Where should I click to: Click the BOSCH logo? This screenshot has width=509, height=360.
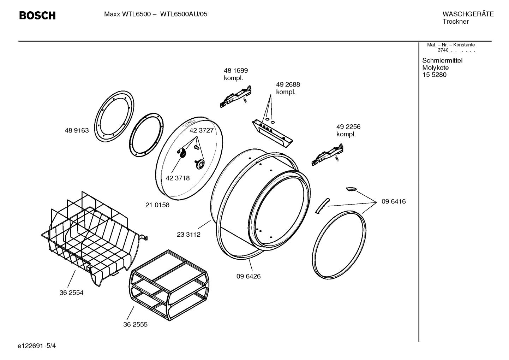tap(37, 16)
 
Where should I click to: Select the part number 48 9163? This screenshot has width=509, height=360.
tap(77, 131)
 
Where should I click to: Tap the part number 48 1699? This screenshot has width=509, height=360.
tap(235, 71)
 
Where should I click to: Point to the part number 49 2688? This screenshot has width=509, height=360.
tap(288, 85)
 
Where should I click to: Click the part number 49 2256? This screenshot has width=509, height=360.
tap(348, 127)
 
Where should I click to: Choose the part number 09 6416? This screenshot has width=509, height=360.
tap(393, 202)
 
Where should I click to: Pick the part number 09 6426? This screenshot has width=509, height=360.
tap(248, 276)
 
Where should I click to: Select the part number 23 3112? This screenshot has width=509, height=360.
tap(188, 235)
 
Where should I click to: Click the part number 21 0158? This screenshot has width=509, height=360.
tap(157, 205)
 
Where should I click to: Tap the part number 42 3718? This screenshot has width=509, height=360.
tap(178, 178)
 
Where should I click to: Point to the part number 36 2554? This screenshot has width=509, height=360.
tap(71, 293)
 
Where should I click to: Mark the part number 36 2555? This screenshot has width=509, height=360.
tap(135, 324)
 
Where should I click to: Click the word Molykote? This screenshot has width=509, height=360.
tap(435, 68)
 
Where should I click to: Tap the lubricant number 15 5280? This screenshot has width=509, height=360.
tap(434, 75)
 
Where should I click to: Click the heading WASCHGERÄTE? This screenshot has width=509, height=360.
tap(468, 14)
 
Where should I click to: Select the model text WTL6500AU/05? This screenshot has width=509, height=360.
tap(184, 14)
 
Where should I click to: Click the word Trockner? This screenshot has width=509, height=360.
tap(455, 22)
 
